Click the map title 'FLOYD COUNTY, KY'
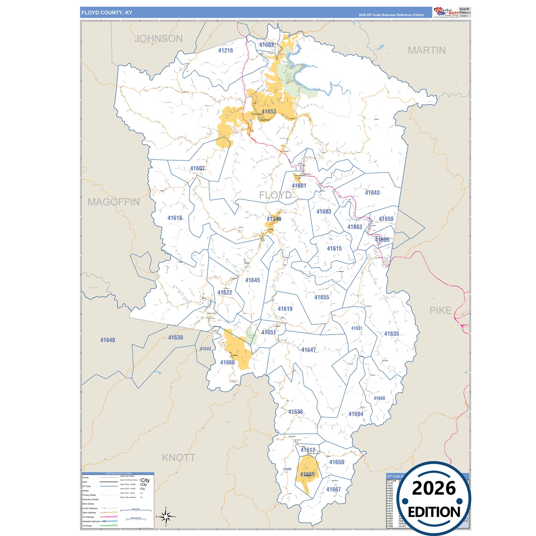(107, 13)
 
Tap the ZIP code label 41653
(269, 111)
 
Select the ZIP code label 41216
(226, 50)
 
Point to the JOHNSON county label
(158, 39)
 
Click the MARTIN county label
(427, 50)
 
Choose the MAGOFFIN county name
(114, 202)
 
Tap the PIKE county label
(440, 310)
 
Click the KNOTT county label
(178, 458)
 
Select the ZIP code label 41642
(372, 193)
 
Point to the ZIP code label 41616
(175, 218)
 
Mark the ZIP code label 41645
(252, 280)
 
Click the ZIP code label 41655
(322, 297)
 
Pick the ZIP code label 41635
(391, 334)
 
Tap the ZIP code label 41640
(108, 340)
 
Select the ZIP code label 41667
(333, 490)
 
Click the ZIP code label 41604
(355, 414)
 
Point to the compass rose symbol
(166, 516)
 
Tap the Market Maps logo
(446, 12)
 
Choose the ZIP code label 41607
(197, 168)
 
